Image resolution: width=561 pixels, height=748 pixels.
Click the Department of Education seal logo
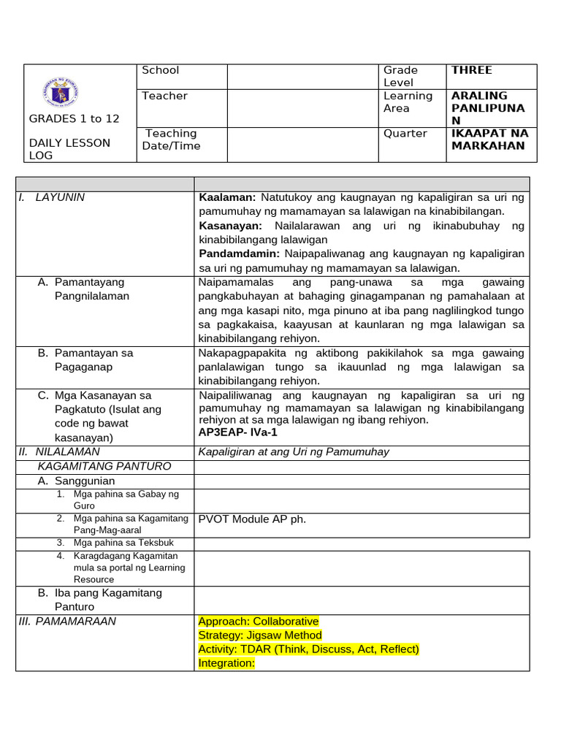pos(61,93)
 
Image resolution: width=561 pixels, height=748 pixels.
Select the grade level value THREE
pos(472,70)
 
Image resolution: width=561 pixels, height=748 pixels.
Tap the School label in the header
pos(160,70)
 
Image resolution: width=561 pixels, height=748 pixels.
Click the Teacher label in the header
pos(164,96)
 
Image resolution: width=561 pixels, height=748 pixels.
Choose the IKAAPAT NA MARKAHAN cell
pos(489,140)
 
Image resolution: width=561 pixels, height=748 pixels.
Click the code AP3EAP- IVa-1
pos(238,432)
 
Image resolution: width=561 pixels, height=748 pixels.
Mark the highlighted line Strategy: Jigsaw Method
pos(260,636)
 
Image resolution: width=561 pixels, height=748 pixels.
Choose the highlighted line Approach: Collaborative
pos(259,622)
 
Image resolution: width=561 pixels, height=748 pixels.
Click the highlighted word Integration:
pos(226,663)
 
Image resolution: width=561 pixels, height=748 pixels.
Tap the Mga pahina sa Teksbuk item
pos(123,543)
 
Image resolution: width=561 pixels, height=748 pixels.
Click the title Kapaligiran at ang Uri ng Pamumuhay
pos(294,452)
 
